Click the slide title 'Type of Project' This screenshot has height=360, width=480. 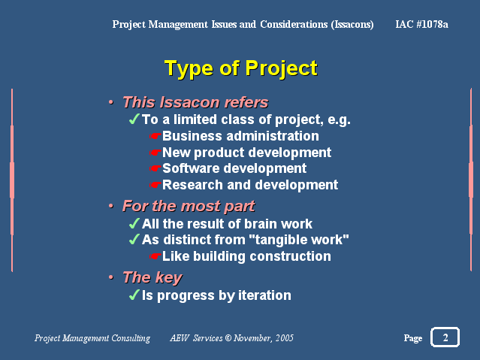coord(241,68)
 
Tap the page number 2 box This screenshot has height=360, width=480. coord(445,337)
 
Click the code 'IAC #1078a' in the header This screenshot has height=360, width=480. coord(422,24)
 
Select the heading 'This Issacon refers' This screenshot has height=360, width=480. coord(195,102)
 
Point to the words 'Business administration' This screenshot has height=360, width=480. coord(240,136)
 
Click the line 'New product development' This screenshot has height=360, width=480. coord(246,153)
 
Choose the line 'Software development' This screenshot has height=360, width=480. coord(234,168)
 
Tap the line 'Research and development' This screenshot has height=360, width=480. coord(250,185)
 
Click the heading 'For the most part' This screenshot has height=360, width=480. coord(189,206)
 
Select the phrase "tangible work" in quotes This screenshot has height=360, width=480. coord(299,240)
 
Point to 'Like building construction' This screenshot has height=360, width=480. coord(246,256)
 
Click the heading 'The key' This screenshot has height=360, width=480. coord(152,277)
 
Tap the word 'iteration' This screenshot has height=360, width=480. coord(265,295)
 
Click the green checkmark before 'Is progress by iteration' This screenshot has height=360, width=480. coord(134,295)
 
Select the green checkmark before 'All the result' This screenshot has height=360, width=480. coord(134,223)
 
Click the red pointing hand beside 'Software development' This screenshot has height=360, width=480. coord(155,168)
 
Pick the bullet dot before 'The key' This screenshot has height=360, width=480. coord(111,277)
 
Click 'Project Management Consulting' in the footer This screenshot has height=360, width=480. coord(92,338)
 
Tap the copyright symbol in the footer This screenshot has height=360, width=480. coord(228,338)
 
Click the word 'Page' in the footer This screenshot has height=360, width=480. coord(413,338)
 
